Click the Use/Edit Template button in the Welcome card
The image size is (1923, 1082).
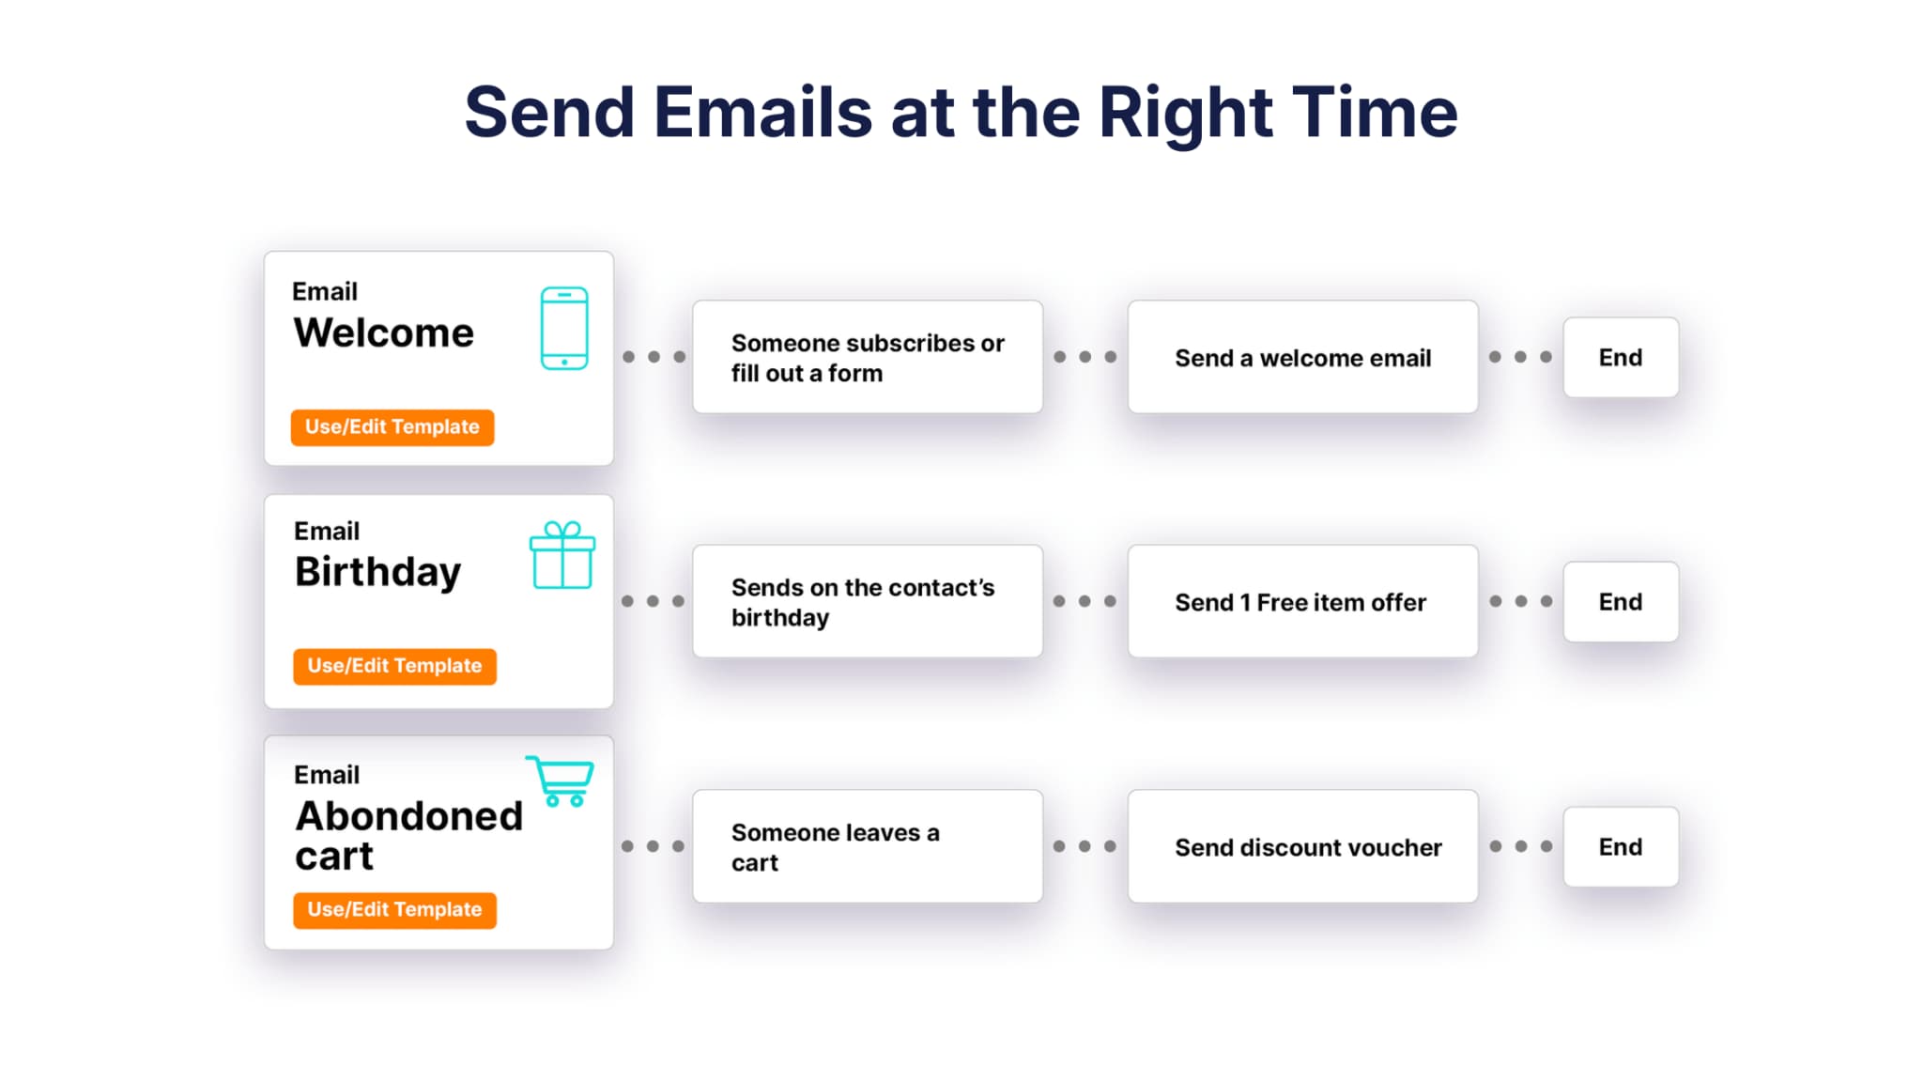pos(392,427)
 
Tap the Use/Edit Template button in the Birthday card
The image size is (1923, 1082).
pos(394,666)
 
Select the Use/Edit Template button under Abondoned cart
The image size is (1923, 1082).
pos(394,910)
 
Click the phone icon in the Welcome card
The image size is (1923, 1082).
pos(564,328)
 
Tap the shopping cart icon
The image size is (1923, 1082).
pos(561,781)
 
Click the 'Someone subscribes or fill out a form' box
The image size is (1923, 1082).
pos(868,357)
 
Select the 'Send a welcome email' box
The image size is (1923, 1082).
pos(1302,357)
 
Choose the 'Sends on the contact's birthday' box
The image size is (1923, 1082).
pos(868,601)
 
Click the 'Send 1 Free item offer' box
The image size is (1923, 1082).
pos(1302,601)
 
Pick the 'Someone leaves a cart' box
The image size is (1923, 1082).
pos(868,846)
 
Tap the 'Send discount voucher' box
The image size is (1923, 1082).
pos(1302,846)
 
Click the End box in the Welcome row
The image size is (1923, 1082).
pos(1621,357)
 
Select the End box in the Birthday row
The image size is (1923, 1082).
pos(1621,601)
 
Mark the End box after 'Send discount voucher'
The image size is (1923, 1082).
pos(1621,846)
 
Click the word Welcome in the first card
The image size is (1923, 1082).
pos(383,332)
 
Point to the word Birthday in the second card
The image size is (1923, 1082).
pos(377,572)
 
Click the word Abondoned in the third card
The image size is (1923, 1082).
pos(409,815)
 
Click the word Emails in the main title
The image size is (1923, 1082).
pos(762,113)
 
